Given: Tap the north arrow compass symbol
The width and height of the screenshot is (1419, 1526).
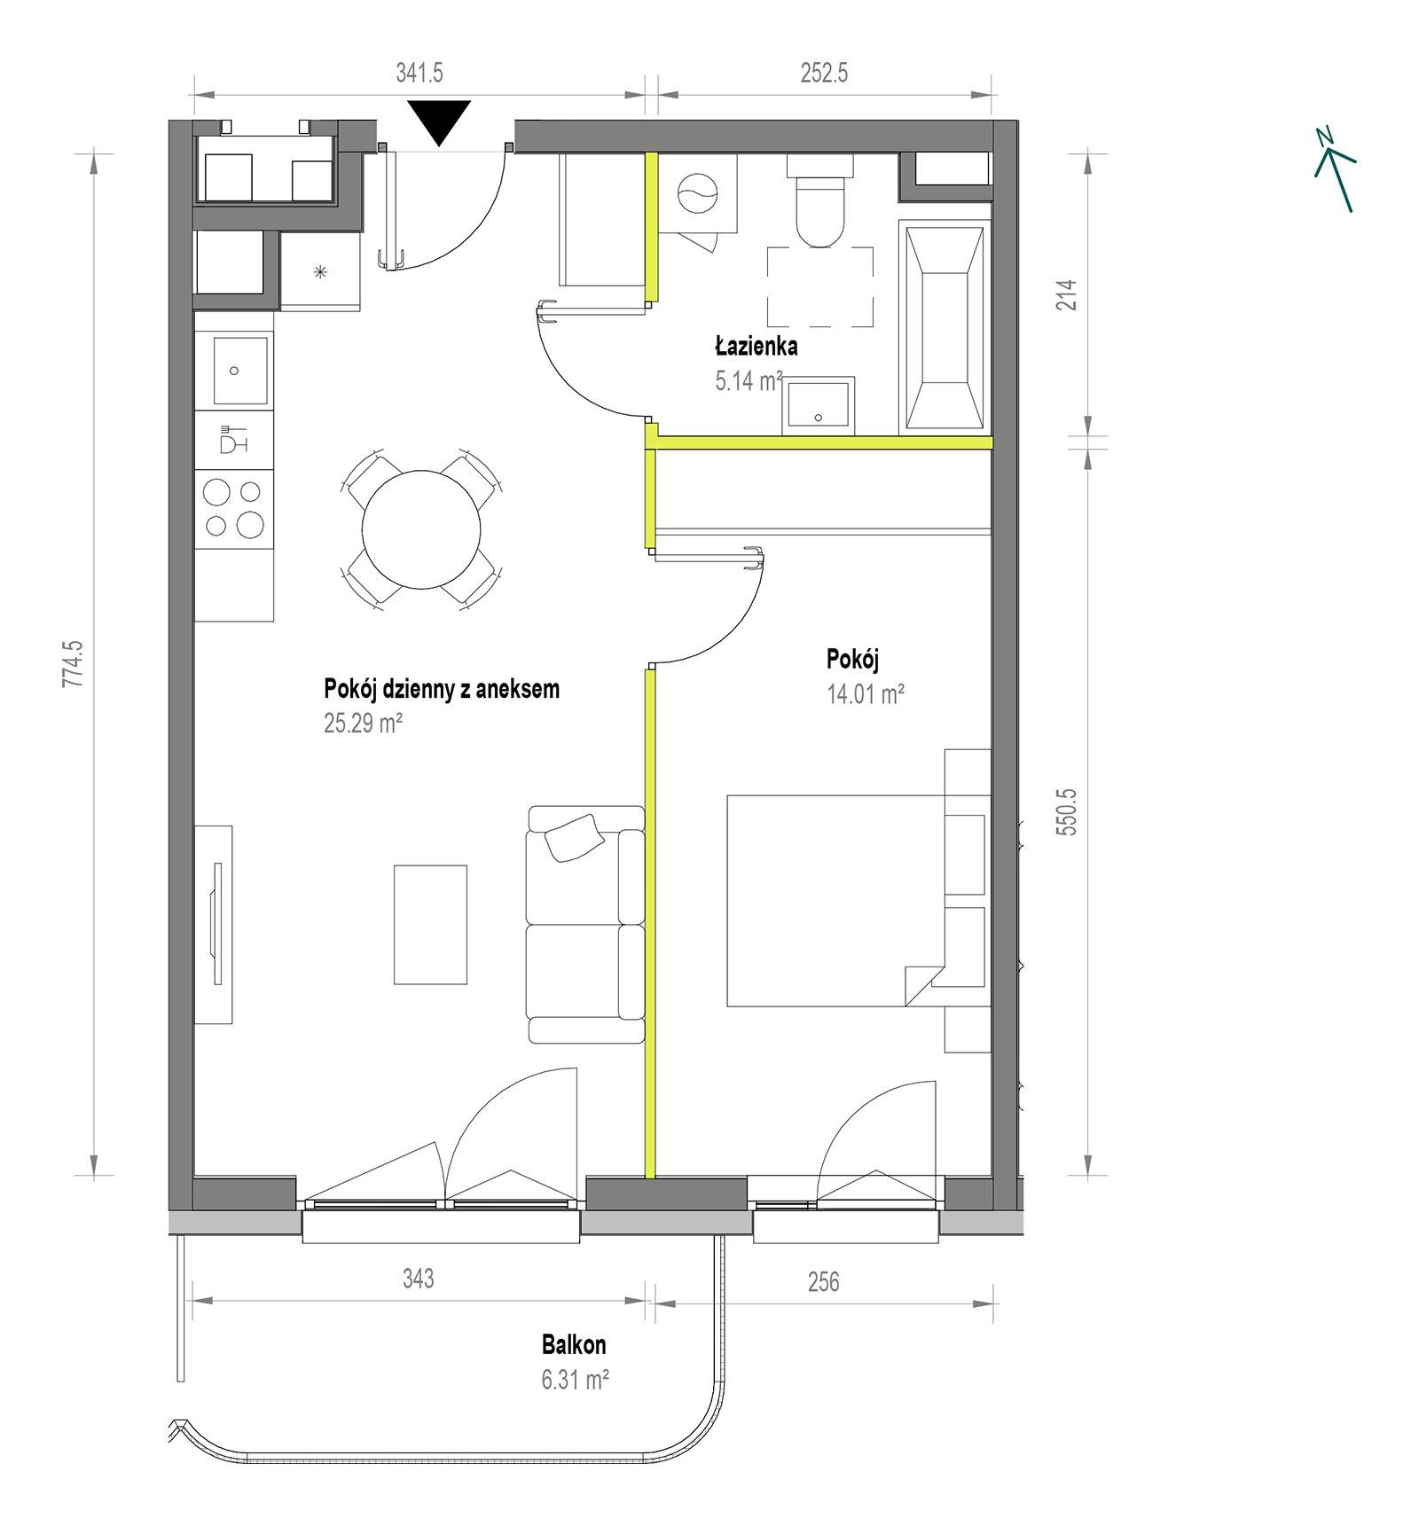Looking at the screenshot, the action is [x=1335, y=169].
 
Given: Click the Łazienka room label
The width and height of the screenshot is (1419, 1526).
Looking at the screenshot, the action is [x=757, y=346].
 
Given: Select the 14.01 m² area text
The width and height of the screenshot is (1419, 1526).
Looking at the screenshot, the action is [x=866, y=693].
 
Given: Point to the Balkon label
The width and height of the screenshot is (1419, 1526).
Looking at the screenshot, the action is [x=574, y=1345].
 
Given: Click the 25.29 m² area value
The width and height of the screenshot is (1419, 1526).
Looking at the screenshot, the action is [x=364, y=723].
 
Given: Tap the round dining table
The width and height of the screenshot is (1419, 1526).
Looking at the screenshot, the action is [x=421, y=528].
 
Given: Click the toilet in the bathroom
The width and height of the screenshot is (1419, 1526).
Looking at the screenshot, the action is [x=820, y=200].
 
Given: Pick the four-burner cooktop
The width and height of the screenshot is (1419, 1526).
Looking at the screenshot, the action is [x=234, y=508].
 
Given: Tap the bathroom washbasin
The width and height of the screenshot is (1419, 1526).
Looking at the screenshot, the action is [x=818, y=406].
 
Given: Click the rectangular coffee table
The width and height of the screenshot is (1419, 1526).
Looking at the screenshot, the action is [x=430, y=925].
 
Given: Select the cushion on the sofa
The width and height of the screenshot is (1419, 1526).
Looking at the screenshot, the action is [x=575, y=838].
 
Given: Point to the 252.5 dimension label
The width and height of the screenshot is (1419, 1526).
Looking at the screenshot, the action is [x=825, y=73].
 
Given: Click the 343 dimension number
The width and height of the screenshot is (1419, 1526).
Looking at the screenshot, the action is [x=419, y=1278].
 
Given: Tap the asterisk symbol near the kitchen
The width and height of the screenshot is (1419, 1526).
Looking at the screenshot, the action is [x=321, y=272].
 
